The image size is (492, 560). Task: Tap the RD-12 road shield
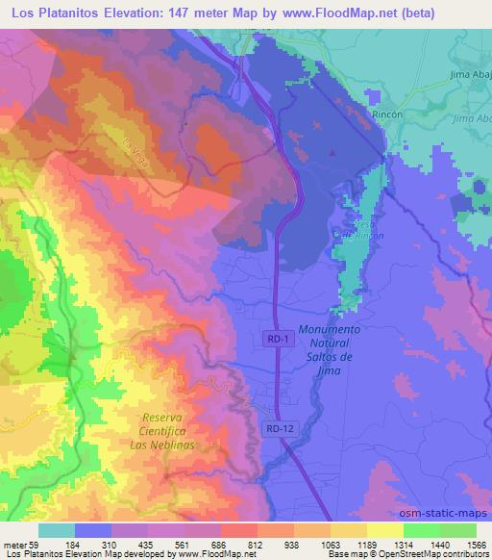coord(276,426)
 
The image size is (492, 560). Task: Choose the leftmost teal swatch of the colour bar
coord(57,531)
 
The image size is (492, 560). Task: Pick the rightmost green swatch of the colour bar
coord(457,531)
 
